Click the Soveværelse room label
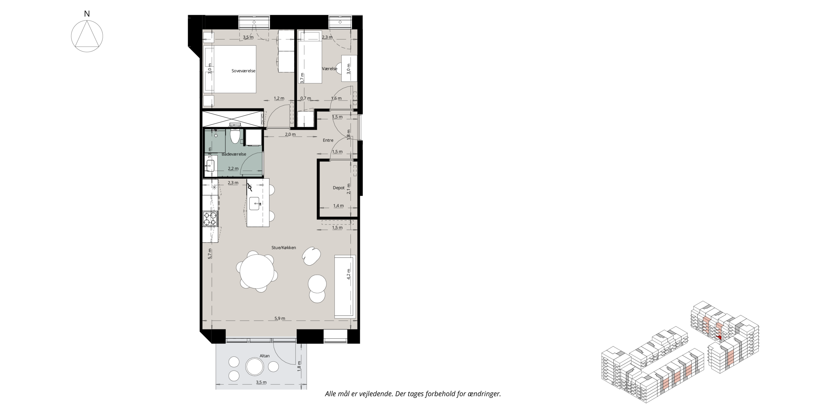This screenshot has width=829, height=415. (244, 71)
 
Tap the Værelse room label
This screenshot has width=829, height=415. (330, 69)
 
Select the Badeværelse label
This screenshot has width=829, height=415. (234, 154)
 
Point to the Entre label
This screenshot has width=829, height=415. (328, 140)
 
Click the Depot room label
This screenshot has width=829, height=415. (339, 188)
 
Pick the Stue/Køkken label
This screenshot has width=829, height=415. (284, 248)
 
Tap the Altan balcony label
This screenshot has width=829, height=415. (265, 356)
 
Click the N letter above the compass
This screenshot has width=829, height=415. (87, 14)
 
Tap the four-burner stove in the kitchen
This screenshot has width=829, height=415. (210, 219)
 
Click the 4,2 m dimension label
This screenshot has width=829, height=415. (348, 274)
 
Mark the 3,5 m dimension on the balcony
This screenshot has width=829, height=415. (261, 382)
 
